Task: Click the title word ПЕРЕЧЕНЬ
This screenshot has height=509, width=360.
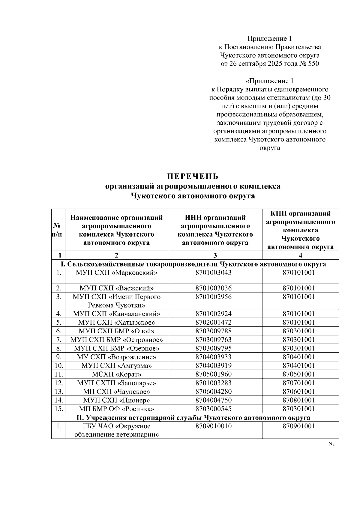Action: point(193,176)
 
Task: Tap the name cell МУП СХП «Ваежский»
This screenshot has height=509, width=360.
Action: point(116,288)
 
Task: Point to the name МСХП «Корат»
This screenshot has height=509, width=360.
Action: point(116,374)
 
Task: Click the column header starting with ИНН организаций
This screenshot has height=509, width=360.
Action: point(215,230)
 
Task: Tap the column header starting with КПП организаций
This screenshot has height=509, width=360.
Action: point(300,230)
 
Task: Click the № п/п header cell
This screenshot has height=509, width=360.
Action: point(58,230)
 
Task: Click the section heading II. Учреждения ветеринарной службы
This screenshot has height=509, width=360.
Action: point(195,417)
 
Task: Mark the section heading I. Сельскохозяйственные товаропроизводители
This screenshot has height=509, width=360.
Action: point(193,264)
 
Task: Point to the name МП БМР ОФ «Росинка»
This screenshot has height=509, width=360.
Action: point(116,409)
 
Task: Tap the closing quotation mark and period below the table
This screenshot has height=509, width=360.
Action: point(331,444)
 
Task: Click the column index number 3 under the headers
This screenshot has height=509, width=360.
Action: point(215,255)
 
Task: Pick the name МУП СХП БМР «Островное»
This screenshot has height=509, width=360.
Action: point(116,340)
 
